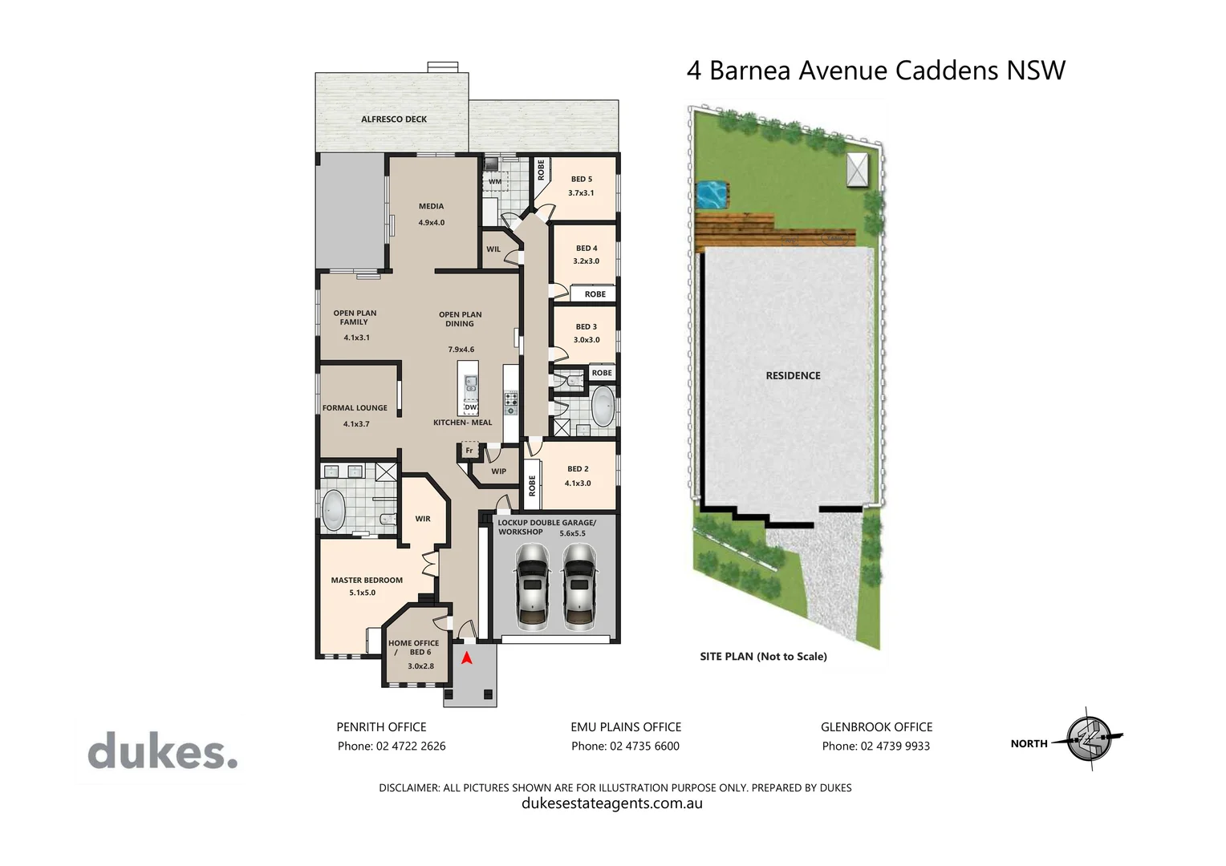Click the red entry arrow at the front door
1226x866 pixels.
(x=466, y=658)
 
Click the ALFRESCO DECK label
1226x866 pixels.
(x=394, y=119)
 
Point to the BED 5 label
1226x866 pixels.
(x=582, y=179)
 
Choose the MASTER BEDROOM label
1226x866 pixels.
(x=367, y=580)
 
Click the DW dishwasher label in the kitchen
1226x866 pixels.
(x=470, y=407)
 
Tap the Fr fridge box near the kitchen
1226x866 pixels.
(x=469, y=451)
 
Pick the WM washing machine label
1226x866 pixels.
(x=495, y=182)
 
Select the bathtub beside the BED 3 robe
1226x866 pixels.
(x=602, y=407)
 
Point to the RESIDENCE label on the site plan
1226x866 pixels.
(x=793, y=375)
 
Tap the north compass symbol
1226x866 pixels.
(x=1089, y=739)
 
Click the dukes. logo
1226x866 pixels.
(x=163, y=751)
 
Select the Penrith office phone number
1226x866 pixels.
(x=392, y=746)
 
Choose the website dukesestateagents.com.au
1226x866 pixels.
(x=612, y=803)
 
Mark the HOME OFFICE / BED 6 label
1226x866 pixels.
(x=413, y=647)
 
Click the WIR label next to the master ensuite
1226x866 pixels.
(x=423, y=519)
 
